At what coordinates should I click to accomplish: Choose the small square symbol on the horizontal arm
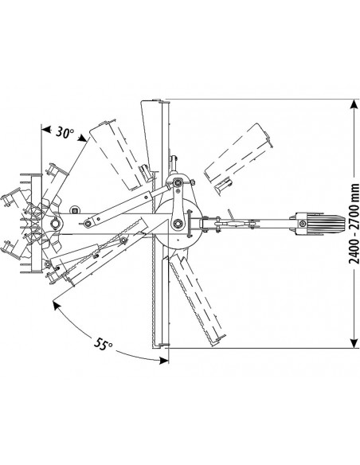click(x=74, y=212)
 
